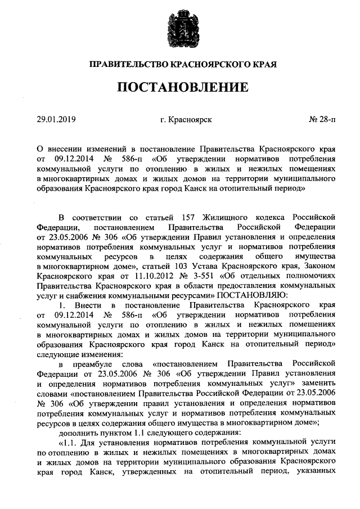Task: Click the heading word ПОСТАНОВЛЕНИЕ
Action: click(182, 87)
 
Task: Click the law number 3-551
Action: click(198, 276)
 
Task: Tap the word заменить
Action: click(318, 384)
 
